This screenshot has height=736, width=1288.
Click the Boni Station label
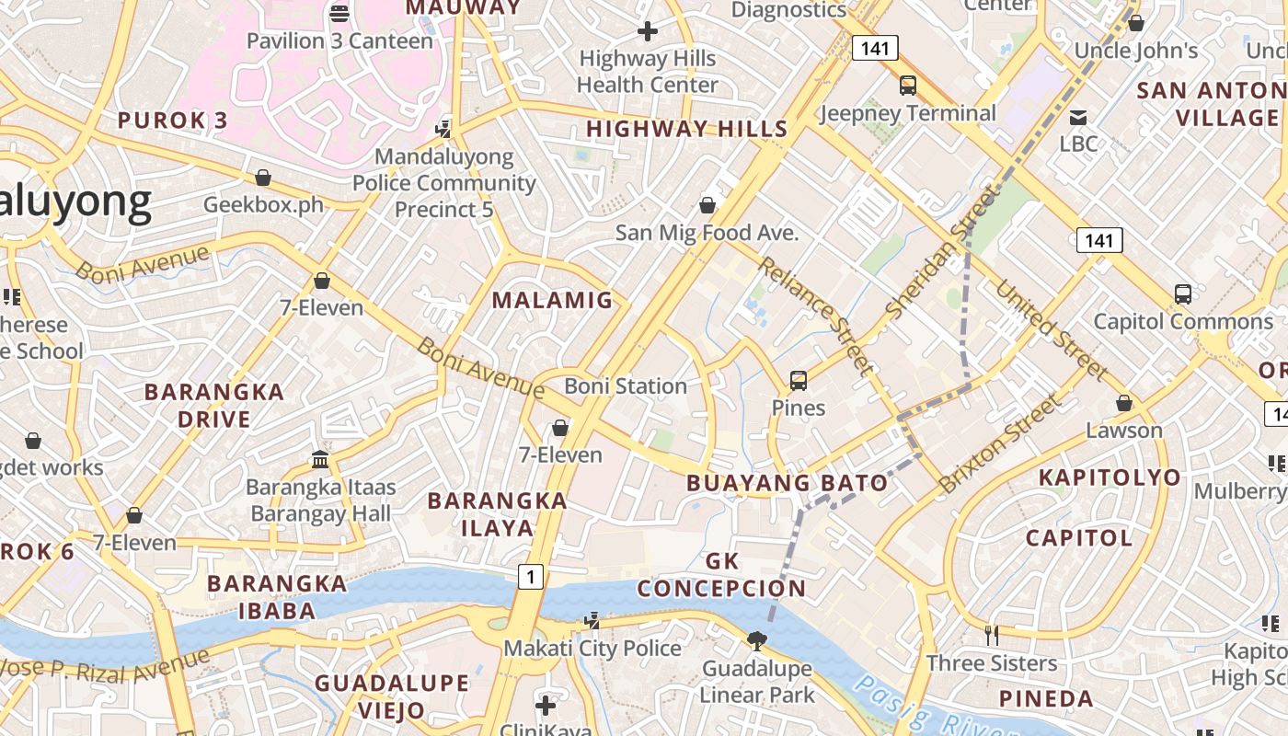click(626, 386)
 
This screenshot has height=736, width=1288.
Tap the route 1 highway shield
click(530, 577)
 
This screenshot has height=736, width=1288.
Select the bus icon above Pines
click(799, 380)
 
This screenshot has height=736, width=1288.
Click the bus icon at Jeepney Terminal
click(908, 86)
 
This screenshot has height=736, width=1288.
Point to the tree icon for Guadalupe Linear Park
click(757, 640)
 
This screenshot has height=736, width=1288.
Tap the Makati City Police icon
click(593, 621)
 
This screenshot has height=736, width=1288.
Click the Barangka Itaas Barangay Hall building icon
click(320, 458)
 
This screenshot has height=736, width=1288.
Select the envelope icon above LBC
click(1078, 117)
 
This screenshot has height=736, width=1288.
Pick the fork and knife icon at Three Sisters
click(992, 635)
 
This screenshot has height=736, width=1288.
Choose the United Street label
click(1051, 330)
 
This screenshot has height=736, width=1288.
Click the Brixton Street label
click(1000, 443)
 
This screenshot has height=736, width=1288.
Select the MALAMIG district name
click(552, 300)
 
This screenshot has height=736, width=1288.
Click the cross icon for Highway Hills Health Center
click(648, 31)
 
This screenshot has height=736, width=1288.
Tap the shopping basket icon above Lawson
click(1123, 403)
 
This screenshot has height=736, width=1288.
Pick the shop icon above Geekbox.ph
click(263, 178)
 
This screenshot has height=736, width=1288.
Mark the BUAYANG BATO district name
click(788, 483)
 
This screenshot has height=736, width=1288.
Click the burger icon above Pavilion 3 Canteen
click(339, 13)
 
